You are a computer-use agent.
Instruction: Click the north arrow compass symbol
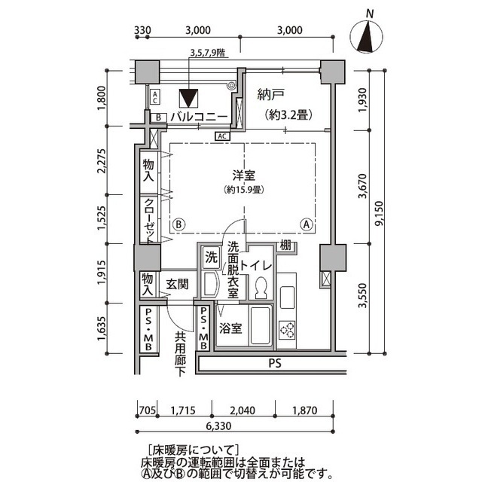[368, 34]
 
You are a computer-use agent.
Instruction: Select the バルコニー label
[198, 117]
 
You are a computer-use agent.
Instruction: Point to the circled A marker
[307, 224]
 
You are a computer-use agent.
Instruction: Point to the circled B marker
[179, 224]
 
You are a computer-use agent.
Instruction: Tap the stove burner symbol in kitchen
[288, 328]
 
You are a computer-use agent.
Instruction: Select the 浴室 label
[230, 328]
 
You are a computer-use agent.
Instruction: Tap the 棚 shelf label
[285, 245]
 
